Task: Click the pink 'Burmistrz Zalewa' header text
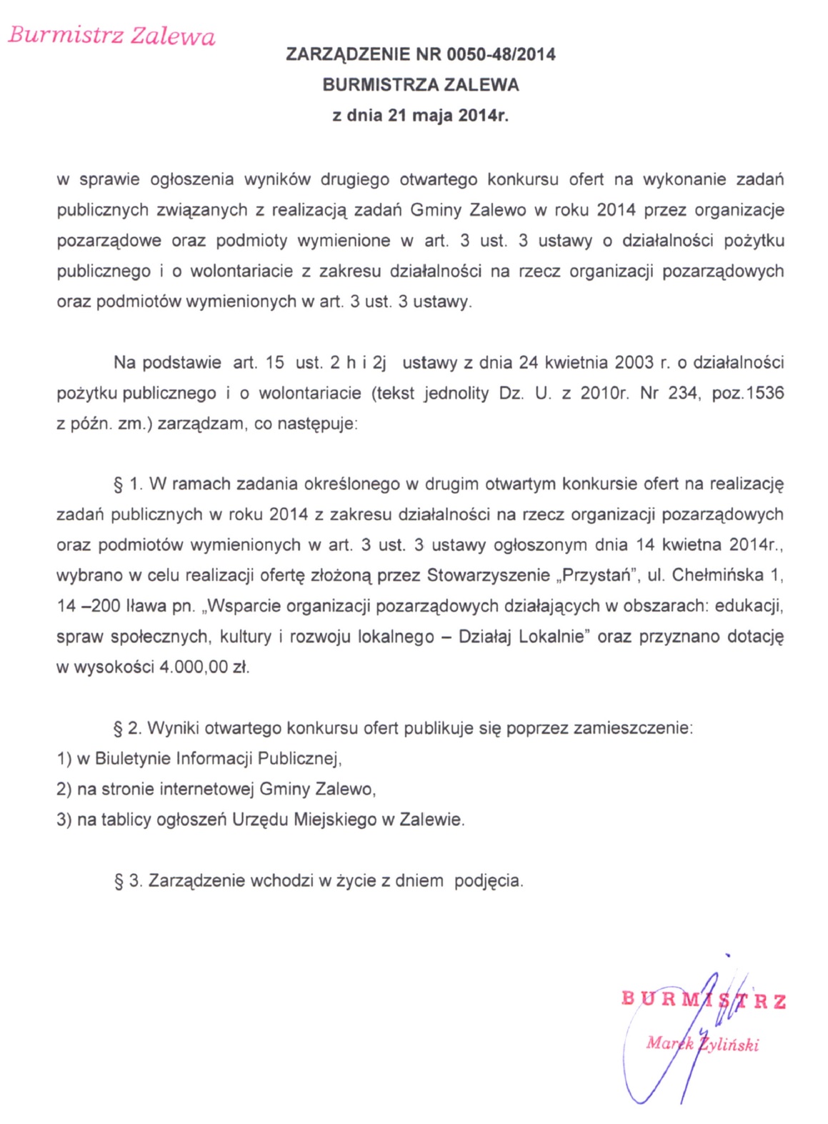click(x=111, y=36)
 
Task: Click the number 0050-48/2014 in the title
click(x=501, y=54)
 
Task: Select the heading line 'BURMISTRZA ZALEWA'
click(x=421, y=84)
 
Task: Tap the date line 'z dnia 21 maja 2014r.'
click(x=421, y=115)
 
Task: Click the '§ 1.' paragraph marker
click(x=129, y=484)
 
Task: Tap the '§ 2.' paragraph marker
click(x=128, y=729)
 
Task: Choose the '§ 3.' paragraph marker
click(x=129, y=881)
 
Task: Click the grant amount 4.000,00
click(x=194, y=667)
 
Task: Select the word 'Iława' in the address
click(x=146, y=606)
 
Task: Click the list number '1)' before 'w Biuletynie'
click(x=64, y=759)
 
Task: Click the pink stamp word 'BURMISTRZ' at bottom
click(x=704, y=1000)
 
